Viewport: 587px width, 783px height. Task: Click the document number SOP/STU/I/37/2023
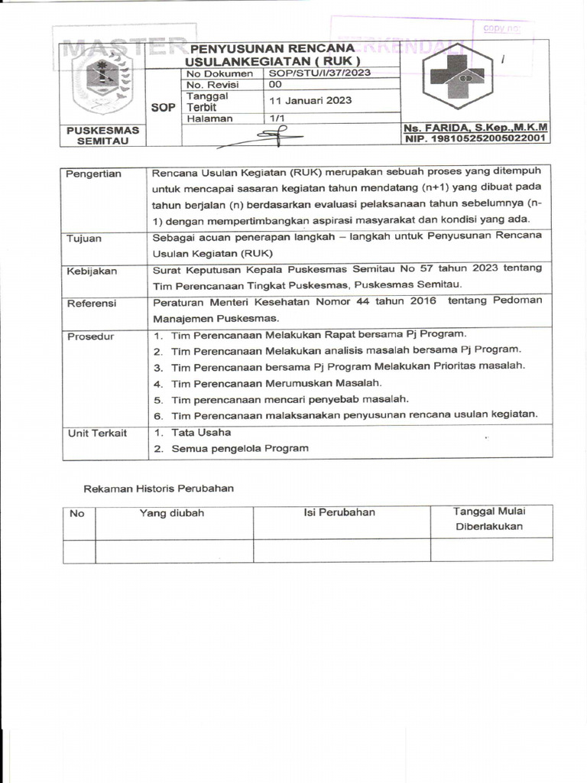(319, 73)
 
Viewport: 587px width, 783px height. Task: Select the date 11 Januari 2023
(310, 100)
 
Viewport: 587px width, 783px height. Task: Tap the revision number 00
(276, 85)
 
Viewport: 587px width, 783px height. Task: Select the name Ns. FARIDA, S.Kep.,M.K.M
(475, 128)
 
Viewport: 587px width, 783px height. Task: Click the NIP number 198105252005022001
(475, 138)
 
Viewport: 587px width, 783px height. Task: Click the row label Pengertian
(94, 174)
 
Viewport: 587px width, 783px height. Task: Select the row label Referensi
(91, 303)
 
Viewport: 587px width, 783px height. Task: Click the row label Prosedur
(90, 336)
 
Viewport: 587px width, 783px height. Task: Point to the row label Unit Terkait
(97, 433)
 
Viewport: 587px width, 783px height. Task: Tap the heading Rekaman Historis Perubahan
(158, 488)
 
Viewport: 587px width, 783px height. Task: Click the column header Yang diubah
(172, 513)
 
